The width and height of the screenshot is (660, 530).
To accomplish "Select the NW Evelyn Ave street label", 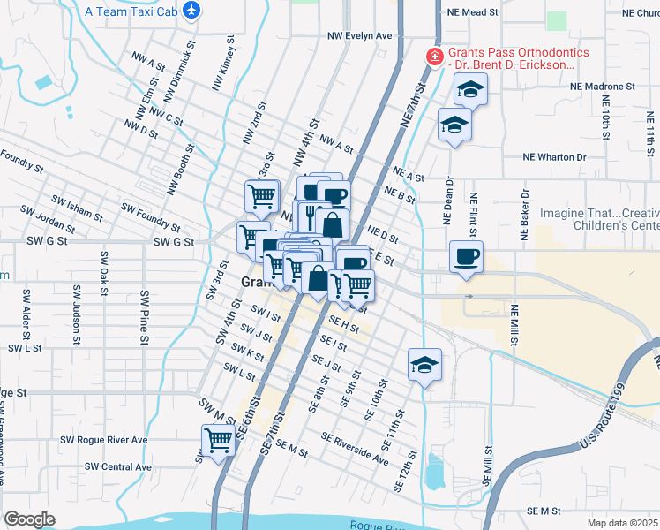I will pyautogui.click(x=358, y=36).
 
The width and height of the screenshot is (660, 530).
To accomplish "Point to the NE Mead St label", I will pyautogui.click(x=473, y=13).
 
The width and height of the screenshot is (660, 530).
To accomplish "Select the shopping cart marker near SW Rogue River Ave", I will pyautogui.click(x=218, y=441).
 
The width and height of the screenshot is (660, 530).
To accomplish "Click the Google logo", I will pyautogui.click(x=29, y=519).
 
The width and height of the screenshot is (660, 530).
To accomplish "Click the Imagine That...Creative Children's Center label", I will pyautogui.click(x=599, y=220).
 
